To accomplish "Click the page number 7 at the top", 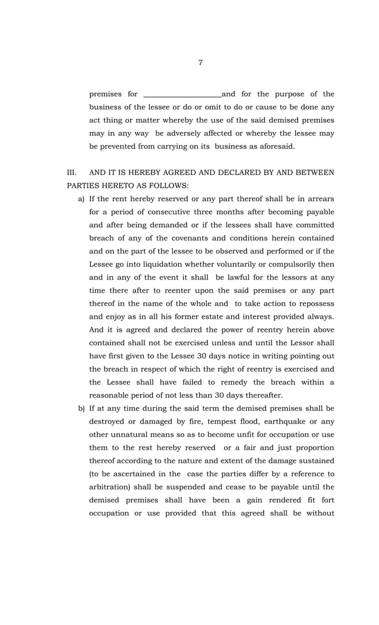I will pyautogui.click(x=200, y=62).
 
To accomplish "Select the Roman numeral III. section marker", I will pyautogui.click(x=72, y=172).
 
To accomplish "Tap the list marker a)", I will pyautogui.click(x=81, y=199).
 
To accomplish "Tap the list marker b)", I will pyautogui.click(x=81, y=409).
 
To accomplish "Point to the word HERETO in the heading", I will pyautogui.click(x=112, y=186).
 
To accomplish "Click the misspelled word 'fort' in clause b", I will pyautogui.click(x=327, y=500).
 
